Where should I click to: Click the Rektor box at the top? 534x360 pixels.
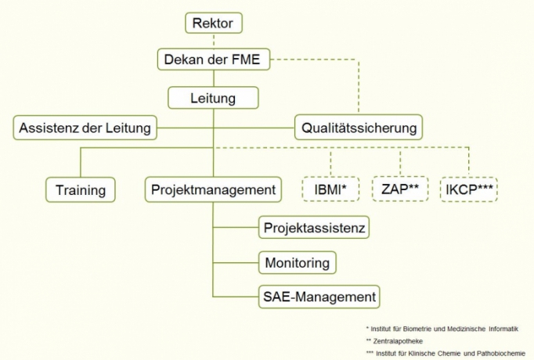click(213, 23)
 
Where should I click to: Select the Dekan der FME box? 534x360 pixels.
click(213, 59)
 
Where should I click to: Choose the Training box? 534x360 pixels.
click(81, 189)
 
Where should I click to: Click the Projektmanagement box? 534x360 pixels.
click(212, 189)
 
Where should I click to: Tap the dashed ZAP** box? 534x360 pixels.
click(399, 189)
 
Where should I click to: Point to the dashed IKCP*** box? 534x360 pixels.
click(469, 189)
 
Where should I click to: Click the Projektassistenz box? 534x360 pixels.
click(314, 228)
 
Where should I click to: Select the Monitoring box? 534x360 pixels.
click(298, 262)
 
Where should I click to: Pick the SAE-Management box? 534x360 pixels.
click(319, 297)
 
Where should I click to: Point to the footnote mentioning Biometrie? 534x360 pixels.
click(442, 329)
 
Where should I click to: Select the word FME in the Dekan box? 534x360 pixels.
click(251, 59)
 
